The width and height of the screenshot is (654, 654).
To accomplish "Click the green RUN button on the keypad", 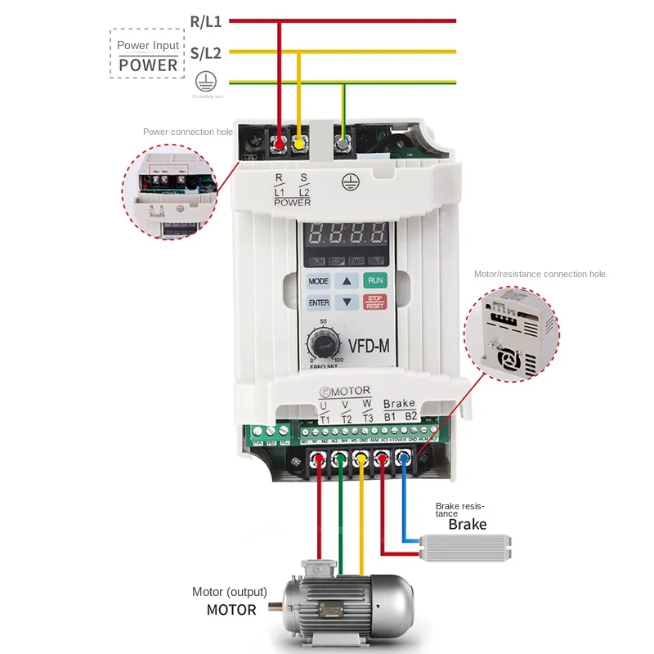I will pyautogui.click(x=374, y=280).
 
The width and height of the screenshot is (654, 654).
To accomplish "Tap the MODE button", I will pyautogui.click(x=319, y=280).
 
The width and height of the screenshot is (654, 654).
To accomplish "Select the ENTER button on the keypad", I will pyautogui.click(x=319, y=302).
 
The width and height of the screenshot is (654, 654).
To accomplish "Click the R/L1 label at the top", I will pyautogui.click(x=205, y=21).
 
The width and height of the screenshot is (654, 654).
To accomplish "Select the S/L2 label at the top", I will pyautogui.click(x=205, y=53).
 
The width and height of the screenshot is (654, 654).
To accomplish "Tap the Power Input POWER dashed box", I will pyautogui.click(x=147, y=55).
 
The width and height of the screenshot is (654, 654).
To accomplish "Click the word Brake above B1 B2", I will pyautogui.click(x=399, y=403).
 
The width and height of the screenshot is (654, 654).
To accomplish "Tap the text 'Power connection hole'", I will pyautogui.click(x=187, y=132).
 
